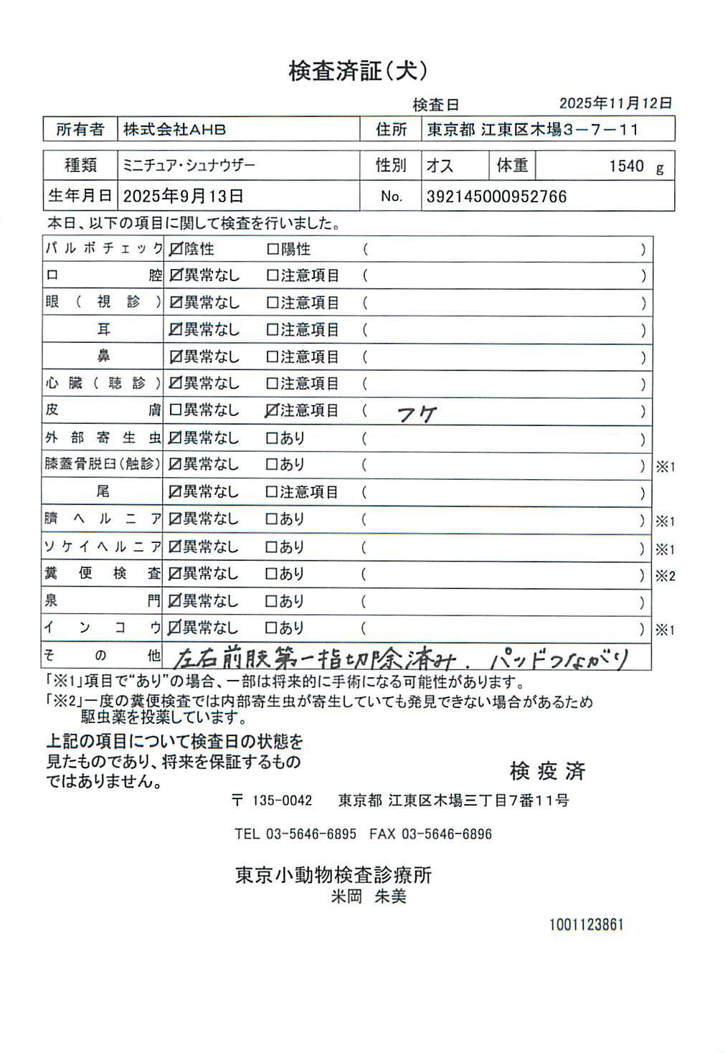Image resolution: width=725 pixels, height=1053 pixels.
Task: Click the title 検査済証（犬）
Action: tap(358, 71)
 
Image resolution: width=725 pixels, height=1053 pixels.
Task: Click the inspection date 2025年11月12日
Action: tap(615, 103)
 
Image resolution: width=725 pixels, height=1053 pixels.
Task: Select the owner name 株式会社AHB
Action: tap(174, 130)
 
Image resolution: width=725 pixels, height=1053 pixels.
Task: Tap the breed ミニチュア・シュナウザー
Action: tap(189, 166)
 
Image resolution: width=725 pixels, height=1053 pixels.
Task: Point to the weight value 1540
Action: tap(626, 166)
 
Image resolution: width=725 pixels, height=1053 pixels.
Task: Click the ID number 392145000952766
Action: tap(496, 197)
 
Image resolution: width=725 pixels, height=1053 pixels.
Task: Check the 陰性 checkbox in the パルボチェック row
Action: tap(176, 250)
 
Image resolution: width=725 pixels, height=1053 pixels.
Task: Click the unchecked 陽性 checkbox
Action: tap(273, 250)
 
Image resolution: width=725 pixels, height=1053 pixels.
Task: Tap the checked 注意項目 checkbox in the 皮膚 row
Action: tap(272, 411)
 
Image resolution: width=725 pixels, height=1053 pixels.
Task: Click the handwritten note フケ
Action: tap(416, 413)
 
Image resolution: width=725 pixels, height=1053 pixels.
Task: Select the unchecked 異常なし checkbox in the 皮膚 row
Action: tap(176, 411)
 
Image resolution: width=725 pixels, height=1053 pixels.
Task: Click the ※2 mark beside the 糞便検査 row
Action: tap(665, 576)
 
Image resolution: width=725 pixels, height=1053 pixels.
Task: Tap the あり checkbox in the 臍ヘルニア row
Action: tap(272, 519)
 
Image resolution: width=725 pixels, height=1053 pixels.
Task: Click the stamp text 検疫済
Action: tap(547, 771)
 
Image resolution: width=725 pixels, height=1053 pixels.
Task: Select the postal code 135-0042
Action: tap(282, 801)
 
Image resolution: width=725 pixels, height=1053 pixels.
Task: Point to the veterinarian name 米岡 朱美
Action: tap(368, 897)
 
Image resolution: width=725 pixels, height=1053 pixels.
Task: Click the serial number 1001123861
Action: tap(586, 925)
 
